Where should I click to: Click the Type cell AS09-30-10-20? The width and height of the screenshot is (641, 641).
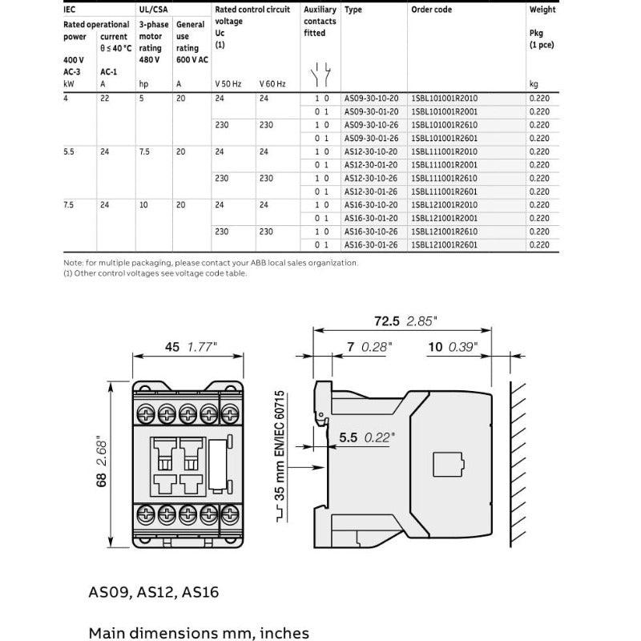tap(371, 98)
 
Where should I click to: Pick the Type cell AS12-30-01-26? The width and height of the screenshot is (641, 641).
tap(371, 191)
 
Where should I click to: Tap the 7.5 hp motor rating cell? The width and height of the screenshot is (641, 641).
tap(145, 151)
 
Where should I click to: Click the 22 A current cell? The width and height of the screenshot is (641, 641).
tap(104, 98)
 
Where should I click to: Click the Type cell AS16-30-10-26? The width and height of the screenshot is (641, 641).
tap(371, 232)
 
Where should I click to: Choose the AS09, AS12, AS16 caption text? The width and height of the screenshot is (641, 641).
tap(153, 593)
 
